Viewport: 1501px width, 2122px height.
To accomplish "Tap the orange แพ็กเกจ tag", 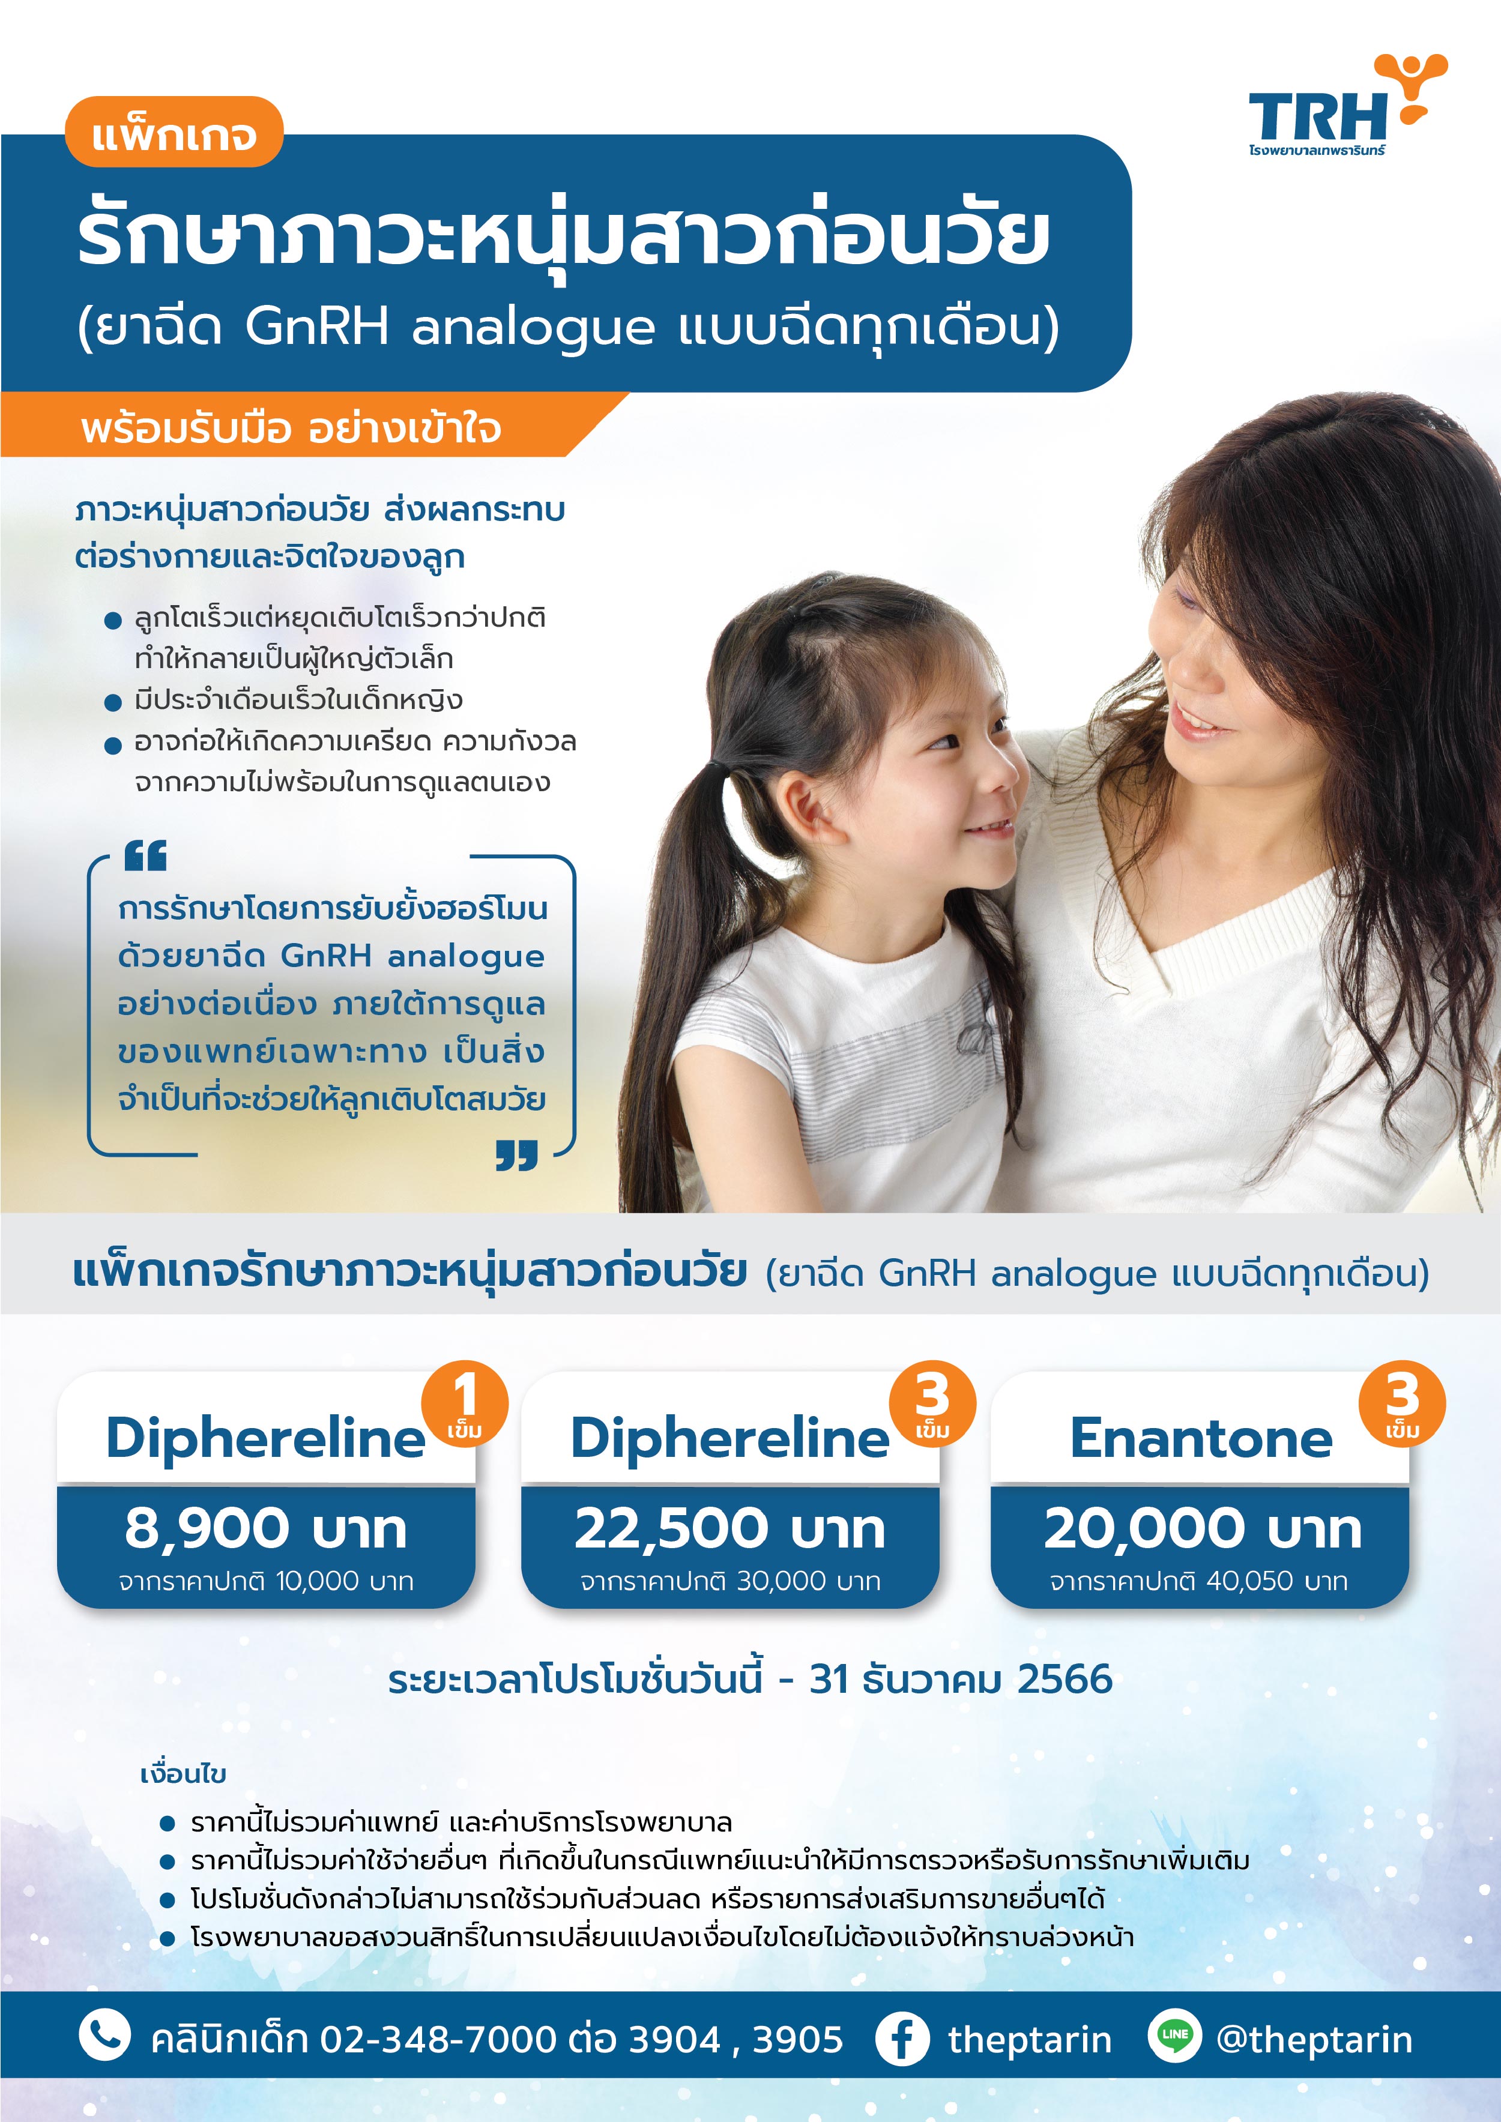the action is pyautogui.click(x=174, y=132).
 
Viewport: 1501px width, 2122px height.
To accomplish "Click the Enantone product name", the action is pyautogui.click(x=1201, y=1438).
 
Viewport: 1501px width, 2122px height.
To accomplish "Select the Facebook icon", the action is pyautogui.click(x=902, y=2038).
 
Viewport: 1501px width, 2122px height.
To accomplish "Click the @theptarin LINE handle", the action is pyautogui.click(x=1314, y=2039).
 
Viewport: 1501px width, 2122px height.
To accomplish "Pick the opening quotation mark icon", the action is pyautogui.click(x=145, y=856).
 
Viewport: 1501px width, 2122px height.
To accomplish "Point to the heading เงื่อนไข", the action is pyautogui.click(x=183, y=1774).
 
